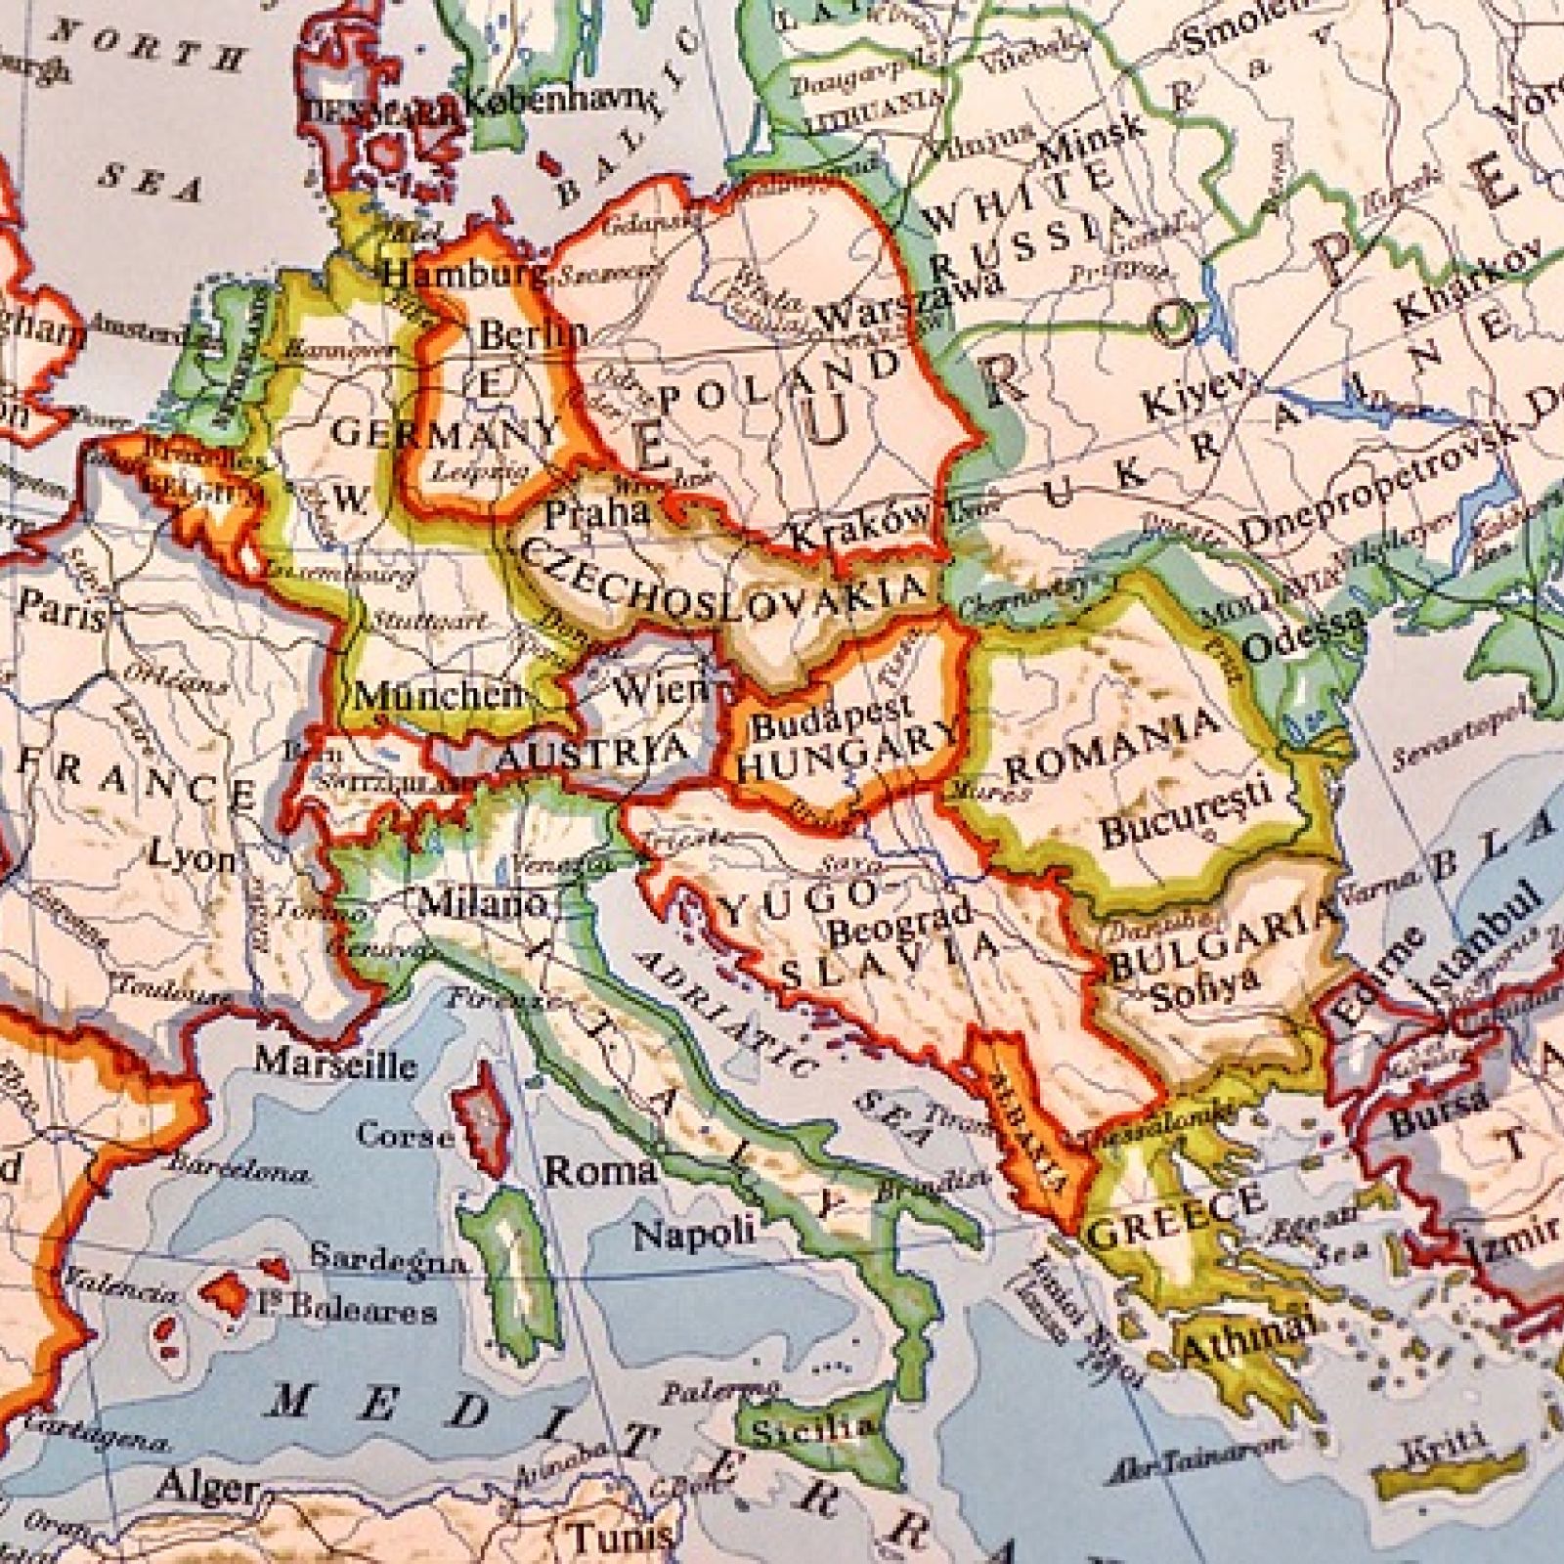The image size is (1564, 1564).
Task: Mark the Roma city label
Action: [x=599, y=1170]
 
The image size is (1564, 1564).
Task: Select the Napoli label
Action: [x=694, y=1233]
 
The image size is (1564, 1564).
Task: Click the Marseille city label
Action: [x=335, y=1064]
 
